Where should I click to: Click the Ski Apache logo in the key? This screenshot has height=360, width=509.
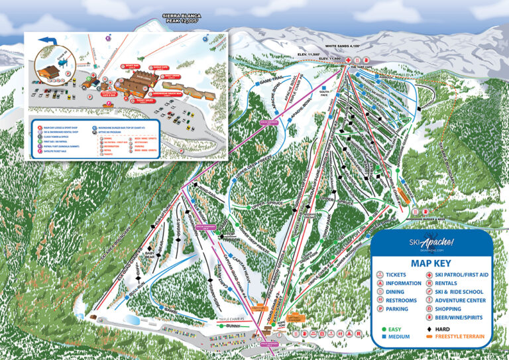tap(431, 243)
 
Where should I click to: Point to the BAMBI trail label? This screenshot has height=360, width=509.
tap(172, 310)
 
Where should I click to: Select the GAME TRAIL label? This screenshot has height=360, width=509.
tap(271, 81)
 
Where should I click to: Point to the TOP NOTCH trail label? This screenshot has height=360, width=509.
tap(231, 234)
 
